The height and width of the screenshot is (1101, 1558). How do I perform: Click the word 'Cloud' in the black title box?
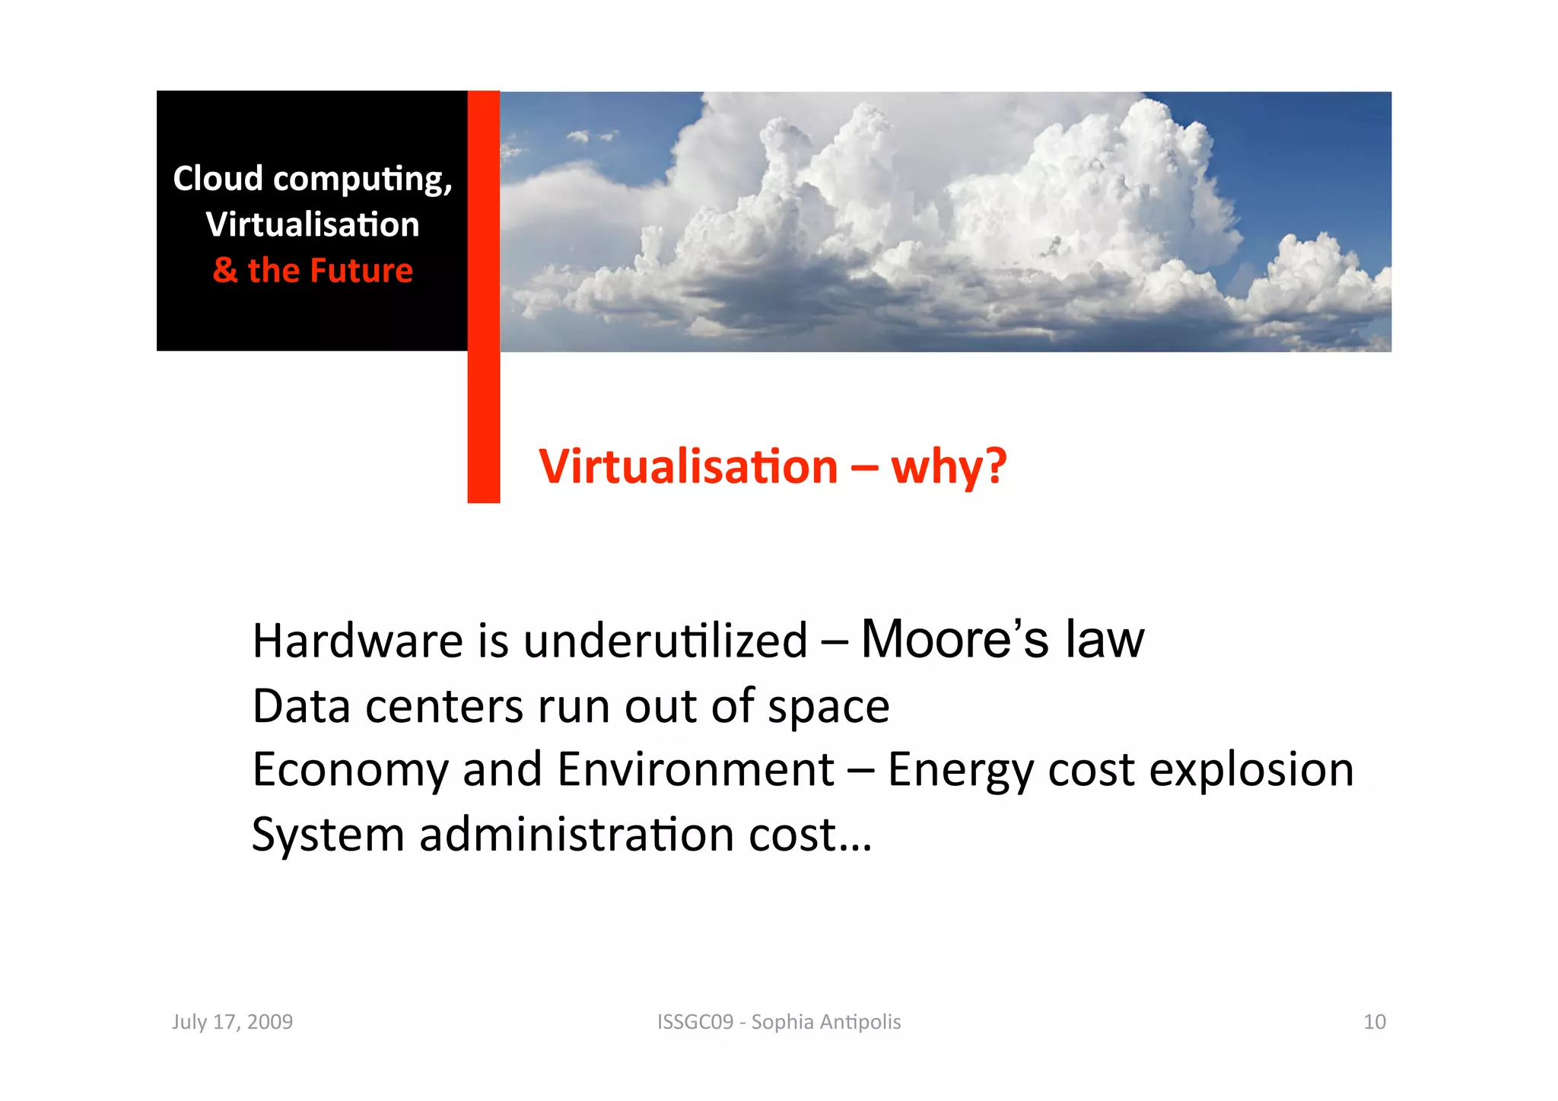tap(218, 179)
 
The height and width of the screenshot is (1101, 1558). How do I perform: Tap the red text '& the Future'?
tap(313, 271)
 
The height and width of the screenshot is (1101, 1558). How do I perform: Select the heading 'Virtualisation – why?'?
tap(772, 466)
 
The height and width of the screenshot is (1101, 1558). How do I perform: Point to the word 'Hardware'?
tap(357, 641)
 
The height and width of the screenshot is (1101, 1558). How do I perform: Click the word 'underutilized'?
tap(665, 641)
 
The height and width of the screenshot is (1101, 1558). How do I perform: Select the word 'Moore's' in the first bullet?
tap(955, 639)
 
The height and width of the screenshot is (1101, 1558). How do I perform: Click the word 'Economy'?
tap(351, 770)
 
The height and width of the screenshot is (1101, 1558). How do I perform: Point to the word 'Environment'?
tap(695, 769)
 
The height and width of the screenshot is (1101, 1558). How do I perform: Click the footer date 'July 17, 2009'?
tap(232, 1022)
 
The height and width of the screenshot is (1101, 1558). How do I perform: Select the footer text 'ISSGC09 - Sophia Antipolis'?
tap(779, 1022)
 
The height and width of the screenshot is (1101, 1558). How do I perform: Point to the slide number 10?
tap(1374, 1022)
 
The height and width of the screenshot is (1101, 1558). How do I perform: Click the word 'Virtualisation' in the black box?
tap(313, 225)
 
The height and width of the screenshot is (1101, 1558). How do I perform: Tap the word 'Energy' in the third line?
tap(961, 770)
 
